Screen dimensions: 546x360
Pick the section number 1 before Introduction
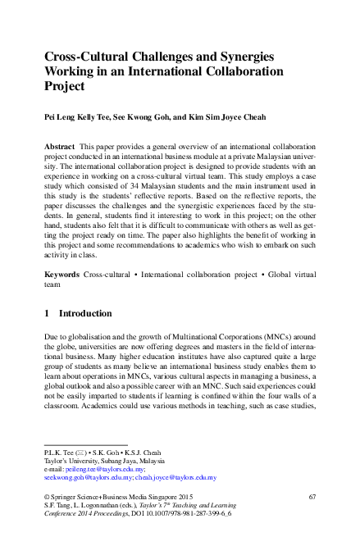pos(47,313)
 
